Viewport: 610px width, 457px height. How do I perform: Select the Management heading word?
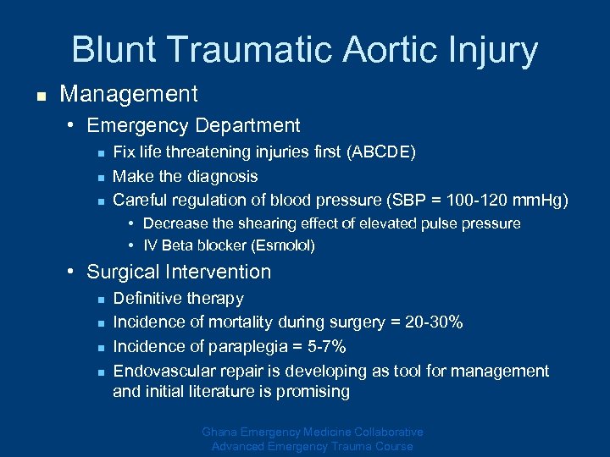click(x=129, y=94)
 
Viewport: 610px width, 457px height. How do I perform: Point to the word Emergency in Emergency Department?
click(x=136, y=126)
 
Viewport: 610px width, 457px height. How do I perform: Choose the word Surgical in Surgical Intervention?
click(x=124, y=272)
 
